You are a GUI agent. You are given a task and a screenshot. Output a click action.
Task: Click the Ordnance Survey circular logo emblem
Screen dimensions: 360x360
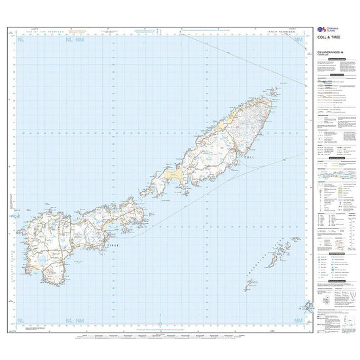pyautogui.click(x=320, y=30)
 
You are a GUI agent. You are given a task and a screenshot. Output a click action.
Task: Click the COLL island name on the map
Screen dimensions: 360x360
pyautogui.click(x=248, y=158)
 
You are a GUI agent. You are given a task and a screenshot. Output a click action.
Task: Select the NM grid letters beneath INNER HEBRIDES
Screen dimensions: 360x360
pyautogui.click(x=299, y=41)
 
